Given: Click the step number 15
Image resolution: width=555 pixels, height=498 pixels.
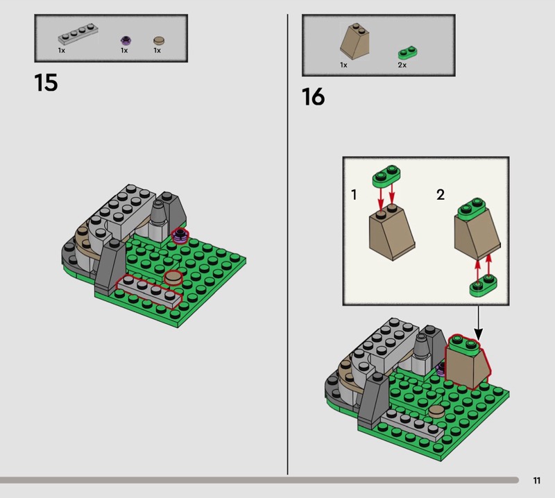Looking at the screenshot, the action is pos(46,83).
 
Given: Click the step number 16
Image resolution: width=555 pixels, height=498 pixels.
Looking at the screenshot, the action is pos(314,96).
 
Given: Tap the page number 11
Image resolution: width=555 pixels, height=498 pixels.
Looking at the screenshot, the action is pos(536,480).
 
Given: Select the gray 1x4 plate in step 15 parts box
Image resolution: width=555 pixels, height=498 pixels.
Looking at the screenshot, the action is pos(78,34).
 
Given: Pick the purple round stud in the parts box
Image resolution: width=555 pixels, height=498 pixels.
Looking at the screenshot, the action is pos(126,41).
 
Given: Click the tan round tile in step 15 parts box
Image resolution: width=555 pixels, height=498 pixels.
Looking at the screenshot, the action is pos(159,40).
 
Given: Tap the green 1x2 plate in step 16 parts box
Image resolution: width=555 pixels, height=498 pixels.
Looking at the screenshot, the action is pos(407,53).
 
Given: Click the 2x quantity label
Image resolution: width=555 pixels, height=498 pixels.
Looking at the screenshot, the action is pos(402,65).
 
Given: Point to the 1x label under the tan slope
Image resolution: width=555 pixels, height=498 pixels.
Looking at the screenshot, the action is pos(343,65).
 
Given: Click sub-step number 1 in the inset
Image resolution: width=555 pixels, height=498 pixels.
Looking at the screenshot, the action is pos(354,195).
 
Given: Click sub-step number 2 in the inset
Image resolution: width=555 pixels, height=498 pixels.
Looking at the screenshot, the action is pos(441,195).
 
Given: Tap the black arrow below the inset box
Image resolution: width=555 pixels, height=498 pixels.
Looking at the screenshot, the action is pos(478,323).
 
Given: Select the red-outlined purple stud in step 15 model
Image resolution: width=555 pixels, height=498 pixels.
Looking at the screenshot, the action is pos(180,236).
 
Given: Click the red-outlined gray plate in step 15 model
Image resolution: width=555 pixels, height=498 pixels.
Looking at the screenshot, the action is pos(149,291).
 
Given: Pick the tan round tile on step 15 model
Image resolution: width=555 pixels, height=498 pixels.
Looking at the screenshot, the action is pos(173,277).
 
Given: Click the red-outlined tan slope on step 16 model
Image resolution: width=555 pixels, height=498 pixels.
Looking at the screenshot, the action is pos(467,361).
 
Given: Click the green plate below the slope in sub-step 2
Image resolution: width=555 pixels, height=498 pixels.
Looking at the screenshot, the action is pos(483,285).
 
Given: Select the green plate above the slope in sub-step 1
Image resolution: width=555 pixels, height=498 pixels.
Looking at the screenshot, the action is pos(386,176).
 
